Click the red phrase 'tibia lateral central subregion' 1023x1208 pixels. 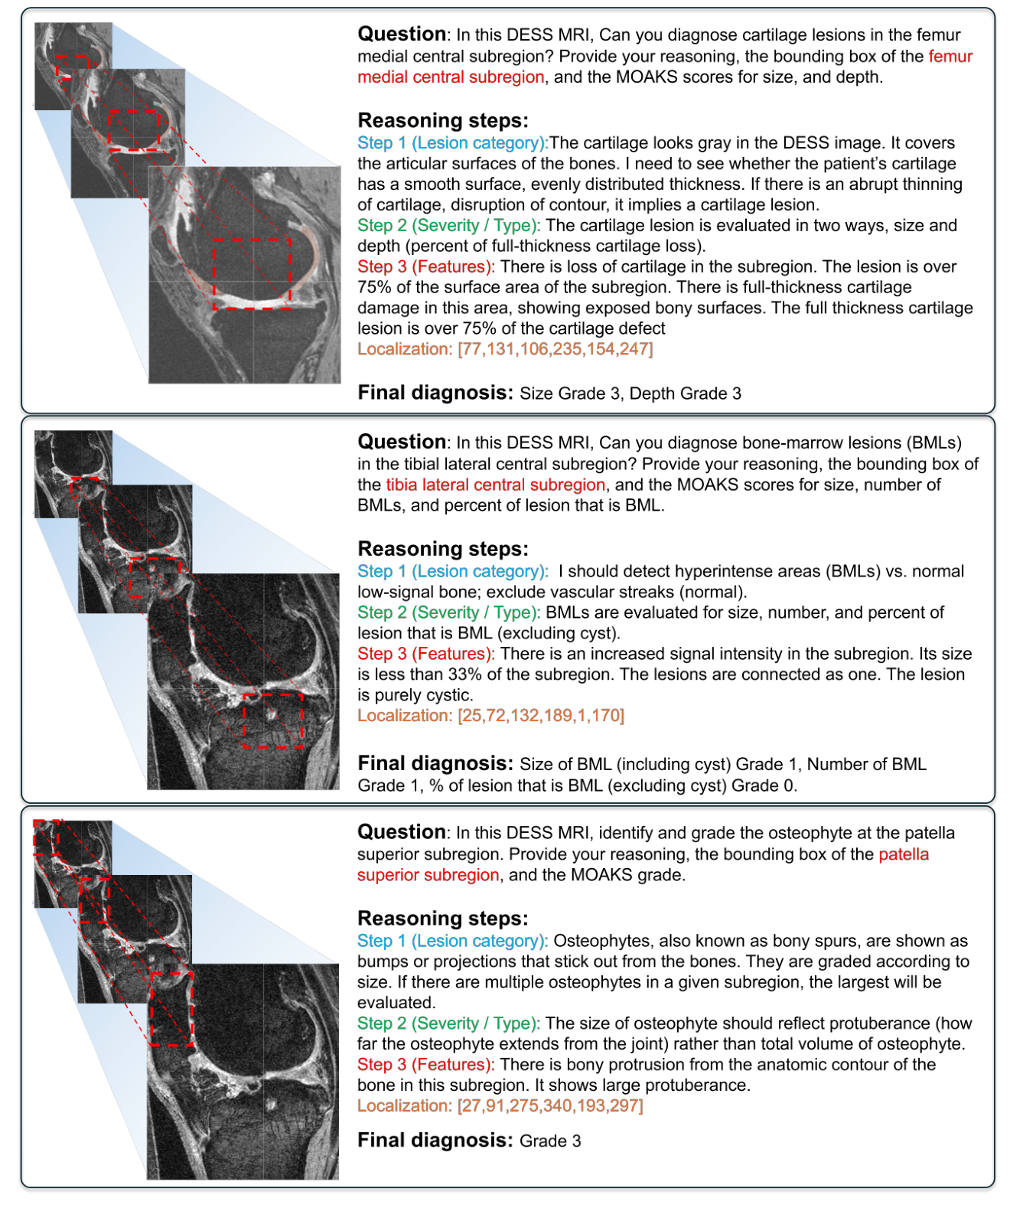point(495,485)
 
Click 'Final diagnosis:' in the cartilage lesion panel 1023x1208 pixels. point(435,393)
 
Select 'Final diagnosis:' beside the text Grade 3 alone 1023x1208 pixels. point(435,1141)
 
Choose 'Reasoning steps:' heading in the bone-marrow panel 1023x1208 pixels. point(442,549)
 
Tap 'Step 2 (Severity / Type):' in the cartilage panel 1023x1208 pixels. point(448,226)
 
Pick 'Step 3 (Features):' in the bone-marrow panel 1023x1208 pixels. point(425,654)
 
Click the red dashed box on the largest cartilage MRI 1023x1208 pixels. point(252,274)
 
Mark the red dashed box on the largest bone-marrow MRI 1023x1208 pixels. point(273,720)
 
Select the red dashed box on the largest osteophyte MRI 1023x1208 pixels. point(171,1009)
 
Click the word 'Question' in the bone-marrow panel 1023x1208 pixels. point(402,442)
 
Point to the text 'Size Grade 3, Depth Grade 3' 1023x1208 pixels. point(630,393)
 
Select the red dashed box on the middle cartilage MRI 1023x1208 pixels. point(135,130)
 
